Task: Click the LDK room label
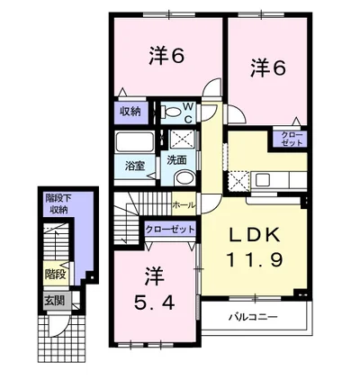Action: tap(255, 235)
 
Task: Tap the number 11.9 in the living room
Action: tap(255, 259)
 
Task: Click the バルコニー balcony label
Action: tap(254, 317)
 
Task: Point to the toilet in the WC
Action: tap(170, 113)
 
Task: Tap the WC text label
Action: tap(188, 113)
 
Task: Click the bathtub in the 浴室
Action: tap(134, 142)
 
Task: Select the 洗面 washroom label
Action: tap(176, 160)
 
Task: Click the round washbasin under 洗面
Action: tap(184, 178)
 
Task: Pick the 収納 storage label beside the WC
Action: tap(130, 112)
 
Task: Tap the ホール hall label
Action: tap(184, 205)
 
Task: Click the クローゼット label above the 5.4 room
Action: tap(170, 230)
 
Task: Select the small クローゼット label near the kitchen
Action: tap(291, 139)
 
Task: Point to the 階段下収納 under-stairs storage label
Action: tap(55, 204)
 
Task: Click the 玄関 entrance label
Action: tap(55, 300)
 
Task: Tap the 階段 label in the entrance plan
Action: tap(55, 274)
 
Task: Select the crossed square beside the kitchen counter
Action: tap(238, 181)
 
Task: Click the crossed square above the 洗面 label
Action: tap(181, 140)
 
